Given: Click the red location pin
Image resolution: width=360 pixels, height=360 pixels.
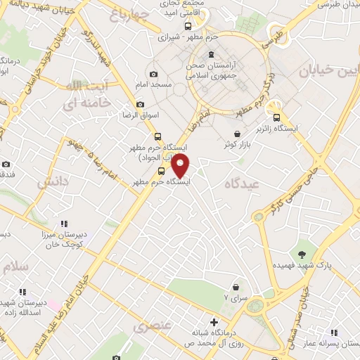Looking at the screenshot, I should [181, 166].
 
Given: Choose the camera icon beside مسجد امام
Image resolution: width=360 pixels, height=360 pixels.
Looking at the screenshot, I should [154, 75].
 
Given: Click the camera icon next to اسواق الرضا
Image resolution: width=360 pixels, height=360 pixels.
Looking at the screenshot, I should [140, 105].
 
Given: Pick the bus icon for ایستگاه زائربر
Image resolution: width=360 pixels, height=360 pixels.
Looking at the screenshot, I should [277, 118].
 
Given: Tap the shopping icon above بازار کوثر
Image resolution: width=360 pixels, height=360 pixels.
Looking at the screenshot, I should [238, 134].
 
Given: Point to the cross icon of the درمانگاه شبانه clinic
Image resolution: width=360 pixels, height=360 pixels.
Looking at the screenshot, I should [214, 322].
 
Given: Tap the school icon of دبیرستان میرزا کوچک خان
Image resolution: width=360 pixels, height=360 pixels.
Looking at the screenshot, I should [64, 224].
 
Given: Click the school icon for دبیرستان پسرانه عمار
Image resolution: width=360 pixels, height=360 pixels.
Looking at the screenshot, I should [333, 332].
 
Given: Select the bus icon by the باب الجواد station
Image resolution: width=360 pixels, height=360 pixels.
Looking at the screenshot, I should [157, 137].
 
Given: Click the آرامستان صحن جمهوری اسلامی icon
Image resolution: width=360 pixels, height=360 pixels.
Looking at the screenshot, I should [210, 56].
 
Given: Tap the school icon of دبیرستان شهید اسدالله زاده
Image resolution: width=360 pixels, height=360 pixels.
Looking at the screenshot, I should [22, 292].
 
